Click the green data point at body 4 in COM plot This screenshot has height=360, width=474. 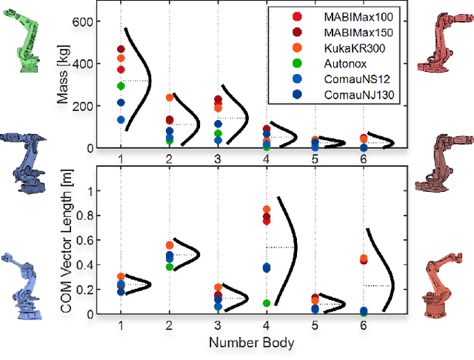[267, 302]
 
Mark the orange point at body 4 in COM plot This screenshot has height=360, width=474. [267, 210]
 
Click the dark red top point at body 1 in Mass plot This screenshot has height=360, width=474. [121, 49]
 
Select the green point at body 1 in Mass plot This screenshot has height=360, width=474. [121, 86]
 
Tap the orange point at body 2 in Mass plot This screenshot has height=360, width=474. [170, 97]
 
